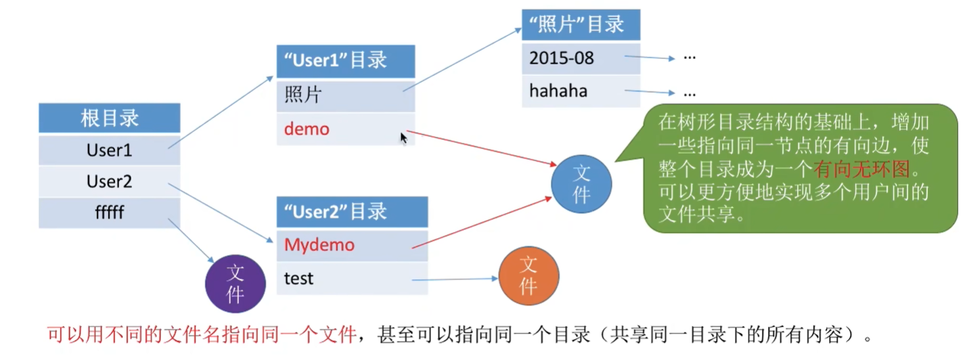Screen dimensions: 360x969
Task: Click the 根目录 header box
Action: (x=110, y=118)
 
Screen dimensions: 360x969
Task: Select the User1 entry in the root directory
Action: (x=110, y=150)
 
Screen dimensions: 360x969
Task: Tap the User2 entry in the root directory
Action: (x=110, y=181)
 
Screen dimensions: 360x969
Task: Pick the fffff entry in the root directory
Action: (x=110, y=212)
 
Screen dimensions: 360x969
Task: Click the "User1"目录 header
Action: (x=345, y=61)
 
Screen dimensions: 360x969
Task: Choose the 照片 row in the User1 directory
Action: (x=345, y=95)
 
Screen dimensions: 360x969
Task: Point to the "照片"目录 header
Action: (x=581, y=26)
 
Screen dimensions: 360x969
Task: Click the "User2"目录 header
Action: (x=352, y=211)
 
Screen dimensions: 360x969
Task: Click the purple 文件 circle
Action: (x=235, y=284)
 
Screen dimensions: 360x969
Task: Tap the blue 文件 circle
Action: (x=581, y=184)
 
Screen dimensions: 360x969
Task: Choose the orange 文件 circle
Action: (x=528, y=275)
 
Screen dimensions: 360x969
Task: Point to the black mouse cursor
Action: (x=404, y=138)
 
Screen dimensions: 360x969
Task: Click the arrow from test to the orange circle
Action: (x=453, y=279)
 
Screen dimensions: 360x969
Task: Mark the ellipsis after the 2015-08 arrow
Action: (x=690, y=58)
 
